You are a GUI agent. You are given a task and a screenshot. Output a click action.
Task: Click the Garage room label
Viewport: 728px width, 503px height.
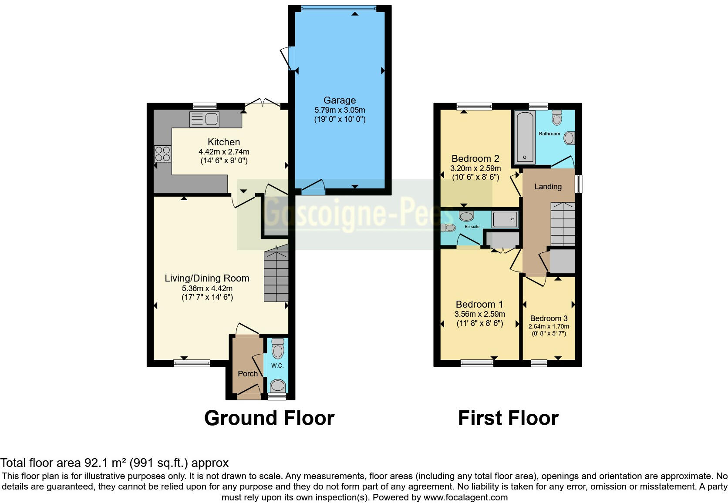(x=339, y=100)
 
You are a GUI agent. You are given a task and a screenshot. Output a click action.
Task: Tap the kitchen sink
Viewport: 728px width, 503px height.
(x=205, y=119)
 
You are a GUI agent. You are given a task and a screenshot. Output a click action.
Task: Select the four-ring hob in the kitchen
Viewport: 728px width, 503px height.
(x=162, y=154)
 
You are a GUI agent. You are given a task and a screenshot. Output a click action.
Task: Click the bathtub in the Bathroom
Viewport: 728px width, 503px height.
(x=525, y=137)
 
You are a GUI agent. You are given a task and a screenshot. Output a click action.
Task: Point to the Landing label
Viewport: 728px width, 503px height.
(x=548, y=187)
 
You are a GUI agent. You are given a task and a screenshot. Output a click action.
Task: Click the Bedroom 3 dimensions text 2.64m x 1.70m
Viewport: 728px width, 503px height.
(x=549, y=326)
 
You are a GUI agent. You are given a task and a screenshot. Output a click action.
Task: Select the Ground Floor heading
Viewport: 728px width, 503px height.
(x=269, y=418)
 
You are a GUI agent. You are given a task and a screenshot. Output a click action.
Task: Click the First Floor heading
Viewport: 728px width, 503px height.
(x=508, y=418)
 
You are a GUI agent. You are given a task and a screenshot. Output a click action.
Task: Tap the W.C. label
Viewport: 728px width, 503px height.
(x=277, y=366)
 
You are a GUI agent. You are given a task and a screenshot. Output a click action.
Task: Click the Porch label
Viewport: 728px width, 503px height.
(x=248, y=373)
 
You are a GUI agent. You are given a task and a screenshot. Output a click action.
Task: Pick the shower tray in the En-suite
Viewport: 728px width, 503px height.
(x=505, y=220)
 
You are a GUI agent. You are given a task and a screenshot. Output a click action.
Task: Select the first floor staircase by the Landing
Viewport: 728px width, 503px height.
(x=563, y=224)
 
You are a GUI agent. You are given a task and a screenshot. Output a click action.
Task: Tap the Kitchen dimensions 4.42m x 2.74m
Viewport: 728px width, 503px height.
(x=224, y=152)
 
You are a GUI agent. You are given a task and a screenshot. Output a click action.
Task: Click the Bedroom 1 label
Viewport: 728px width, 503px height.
(x=479, y=304)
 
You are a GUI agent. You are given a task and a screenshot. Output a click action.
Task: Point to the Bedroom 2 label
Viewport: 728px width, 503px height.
(x=475, y=158)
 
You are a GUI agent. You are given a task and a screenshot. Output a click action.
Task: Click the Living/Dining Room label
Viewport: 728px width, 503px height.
(x=207, y=278)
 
